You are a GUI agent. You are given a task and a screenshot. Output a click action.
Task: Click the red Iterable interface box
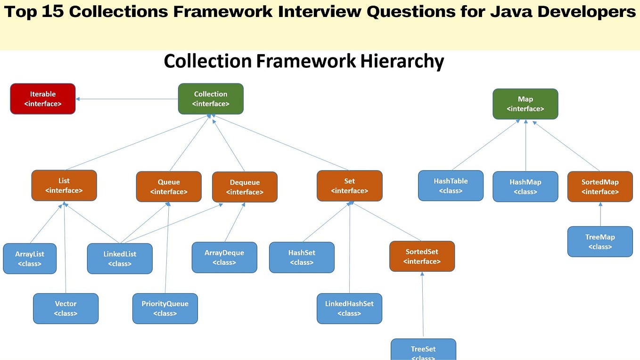click(x=43, y=99)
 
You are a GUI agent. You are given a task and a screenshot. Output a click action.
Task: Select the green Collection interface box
click(x=211, y=99)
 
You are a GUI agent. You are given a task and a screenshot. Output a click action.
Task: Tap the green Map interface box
click(x=525, y=104)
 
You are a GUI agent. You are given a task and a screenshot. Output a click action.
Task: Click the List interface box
click(x=64, y=186)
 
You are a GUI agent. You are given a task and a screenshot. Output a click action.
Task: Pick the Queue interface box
click(x=169, y=187)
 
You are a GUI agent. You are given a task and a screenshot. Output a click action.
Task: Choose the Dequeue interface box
click(x=245, y=187)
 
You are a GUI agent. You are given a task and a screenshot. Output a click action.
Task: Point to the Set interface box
click(x=349, y=186)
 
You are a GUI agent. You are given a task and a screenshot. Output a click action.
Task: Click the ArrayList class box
click(x=30, y=259)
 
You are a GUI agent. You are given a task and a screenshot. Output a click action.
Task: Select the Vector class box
click(x=66, y=309)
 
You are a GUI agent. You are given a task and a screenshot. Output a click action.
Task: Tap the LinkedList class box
click(x=120, y=259)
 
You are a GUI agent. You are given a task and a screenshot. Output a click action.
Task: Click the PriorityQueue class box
click(x=165, y=309)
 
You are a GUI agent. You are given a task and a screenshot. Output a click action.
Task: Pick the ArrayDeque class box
click(x=224, y=257)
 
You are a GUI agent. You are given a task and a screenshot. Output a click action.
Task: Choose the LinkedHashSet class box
click(x=349, y=309)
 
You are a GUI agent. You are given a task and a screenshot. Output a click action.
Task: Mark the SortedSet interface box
click(x=422, y=256)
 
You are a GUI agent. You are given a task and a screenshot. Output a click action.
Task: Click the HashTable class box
click(x=451, y=186)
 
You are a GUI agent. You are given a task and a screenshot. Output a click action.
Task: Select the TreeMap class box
click(x=600, y=242)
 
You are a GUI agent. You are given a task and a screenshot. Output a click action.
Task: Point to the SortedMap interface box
click(x=600, y=187)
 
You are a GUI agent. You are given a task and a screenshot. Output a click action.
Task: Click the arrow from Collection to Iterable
click(x=127, y=99)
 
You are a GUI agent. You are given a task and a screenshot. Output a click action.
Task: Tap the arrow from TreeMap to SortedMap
click(x=600, y=214)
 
